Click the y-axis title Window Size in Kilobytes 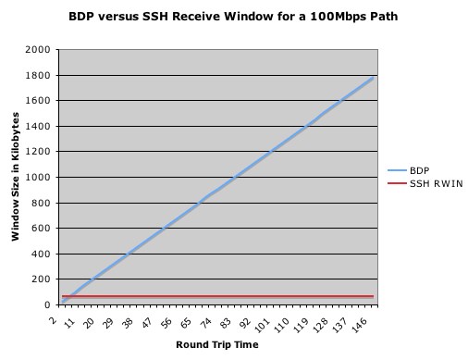(x=16, y=176)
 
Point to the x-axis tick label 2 (x=55, y=316)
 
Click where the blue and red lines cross (x=69, y=296)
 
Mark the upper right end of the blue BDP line (x=373, y=78)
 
